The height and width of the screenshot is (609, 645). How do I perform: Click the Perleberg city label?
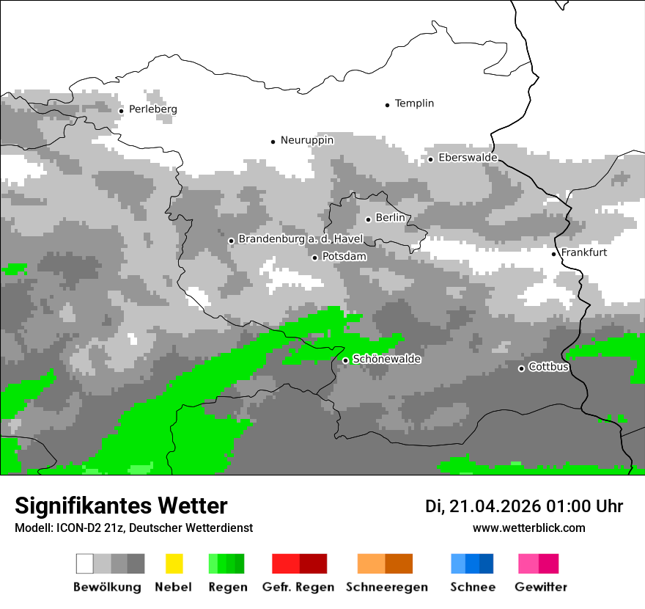click(x=152, y=109)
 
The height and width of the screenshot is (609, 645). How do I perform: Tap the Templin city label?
click(x=414, y=103)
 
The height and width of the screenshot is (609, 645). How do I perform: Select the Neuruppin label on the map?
click(x=307, y=140)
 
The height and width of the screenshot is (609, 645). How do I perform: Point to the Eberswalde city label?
click(x=468, y=158)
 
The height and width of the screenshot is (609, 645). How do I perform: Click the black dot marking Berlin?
click(x=368, y=219)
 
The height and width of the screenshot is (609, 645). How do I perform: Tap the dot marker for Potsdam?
click(x=314, y=258)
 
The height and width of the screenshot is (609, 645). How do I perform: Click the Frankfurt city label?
click(x=583, y=252)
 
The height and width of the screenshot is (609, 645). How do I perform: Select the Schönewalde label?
click(x=386, y=360)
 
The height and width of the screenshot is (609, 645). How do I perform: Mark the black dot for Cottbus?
click(x=521, y=368)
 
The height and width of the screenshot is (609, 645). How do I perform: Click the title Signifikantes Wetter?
click(x=121, y=506)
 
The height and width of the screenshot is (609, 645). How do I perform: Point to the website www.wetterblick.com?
click(x=528, y=528)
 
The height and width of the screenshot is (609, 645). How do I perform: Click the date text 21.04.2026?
click(x=495, y=506)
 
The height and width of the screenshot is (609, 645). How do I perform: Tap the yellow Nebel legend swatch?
click(x=174, y=564)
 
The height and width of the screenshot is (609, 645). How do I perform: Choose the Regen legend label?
click(x=226, y=587)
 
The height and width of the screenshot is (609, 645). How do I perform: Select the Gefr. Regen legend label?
click(x=298, y=587)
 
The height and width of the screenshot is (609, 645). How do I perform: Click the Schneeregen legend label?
click(x=387, y=587)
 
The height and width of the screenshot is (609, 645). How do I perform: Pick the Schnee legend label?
click(x=472, y=587)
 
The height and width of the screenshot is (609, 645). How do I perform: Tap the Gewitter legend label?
click(x=541, y=587)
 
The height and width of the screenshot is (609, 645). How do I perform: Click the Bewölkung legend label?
click(x=107, y=587)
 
